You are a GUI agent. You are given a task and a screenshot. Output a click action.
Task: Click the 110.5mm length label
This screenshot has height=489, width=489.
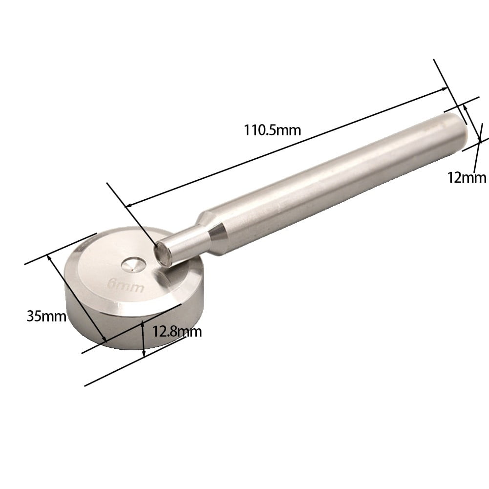click(x=272, y=130)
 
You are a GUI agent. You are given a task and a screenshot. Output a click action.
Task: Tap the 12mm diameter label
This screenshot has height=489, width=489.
click(x=467, y=177)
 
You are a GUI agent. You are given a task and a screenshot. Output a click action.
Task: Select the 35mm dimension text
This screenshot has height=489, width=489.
click(x=46, y=316)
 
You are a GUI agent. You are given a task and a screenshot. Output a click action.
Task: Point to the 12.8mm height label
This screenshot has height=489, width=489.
click(x=177, y=331)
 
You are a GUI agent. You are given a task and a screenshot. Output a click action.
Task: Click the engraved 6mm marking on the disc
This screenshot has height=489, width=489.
click(x=126, y=286)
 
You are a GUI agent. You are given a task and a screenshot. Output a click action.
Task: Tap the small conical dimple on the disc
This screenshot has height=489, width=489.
click(x=132, y=265)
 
